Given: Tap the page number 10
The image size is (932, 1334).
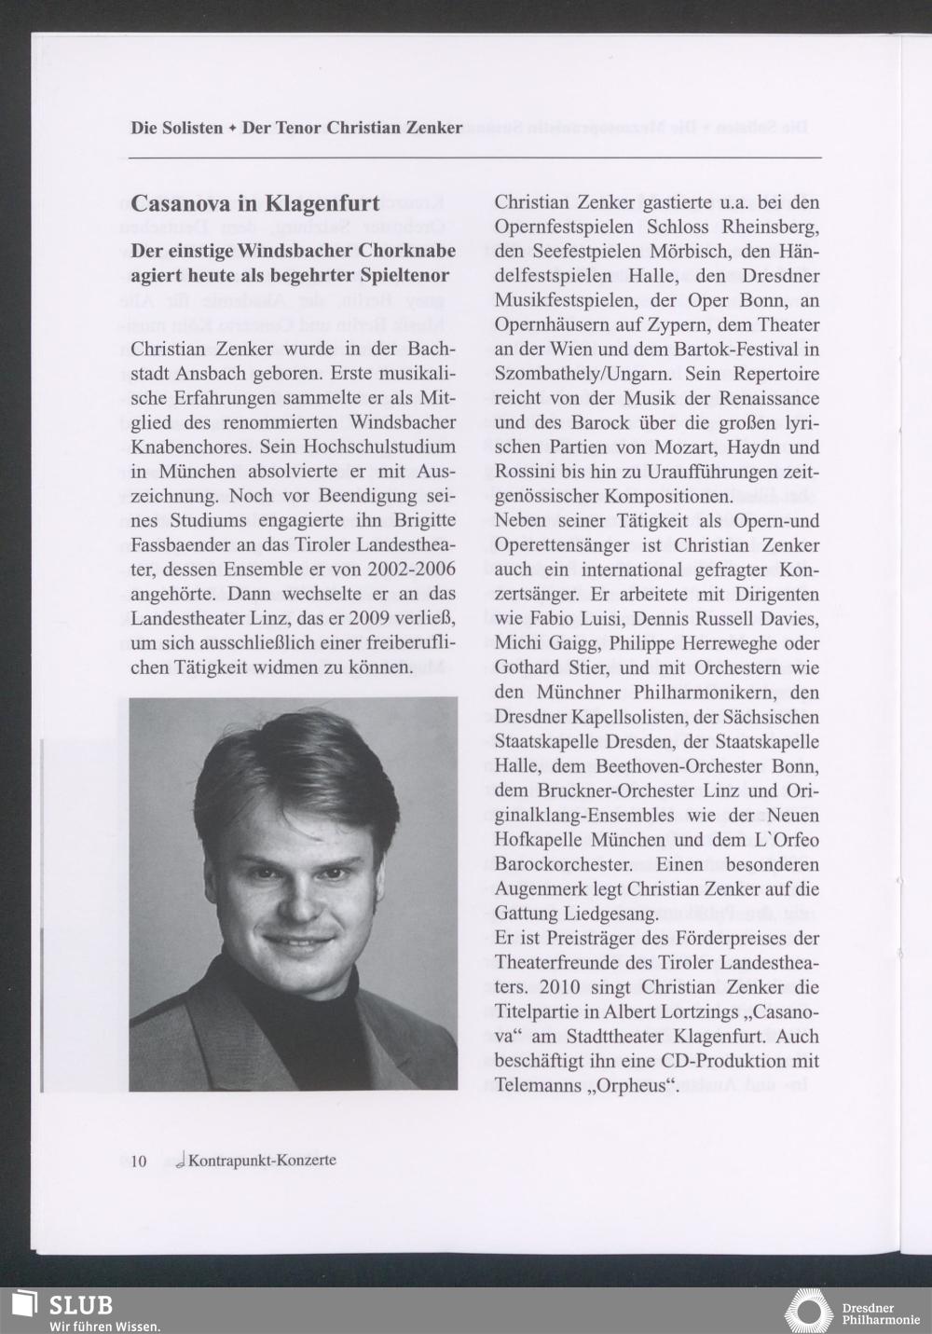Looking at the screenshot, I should coord(138,1161).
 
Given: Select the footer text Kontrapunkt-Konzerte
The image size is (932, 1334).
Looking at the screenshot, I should coord(261,1161).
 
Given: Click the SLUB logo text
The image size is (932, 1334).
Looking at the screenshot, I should coord(81,1304).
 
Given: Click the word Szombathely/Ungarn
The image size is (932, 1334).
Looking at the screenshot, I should coord(582,374).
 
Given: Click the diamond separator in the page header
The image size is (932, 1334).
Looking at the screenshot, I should coord(232,128).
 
